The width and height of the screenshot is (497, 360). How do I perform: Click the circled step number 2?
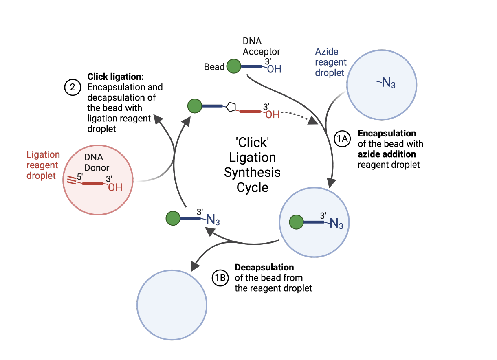pos(73,88)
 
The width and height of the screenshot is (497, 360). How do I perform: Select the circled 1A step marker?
pos(342,139)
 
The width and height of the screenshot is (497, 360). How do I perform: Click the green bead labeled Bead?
pos(233,66)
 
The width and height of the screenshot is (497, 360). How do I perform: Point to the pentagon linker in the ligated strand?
pos(231,107)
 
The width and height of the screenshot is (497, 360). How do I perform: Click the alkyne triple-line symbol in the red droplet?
pos(72,180)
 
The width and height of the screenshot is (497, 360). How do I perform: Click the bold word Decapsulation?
pos(264,268)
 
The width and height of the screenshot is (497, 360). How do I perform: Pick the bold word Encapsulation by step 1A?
pos(387,134)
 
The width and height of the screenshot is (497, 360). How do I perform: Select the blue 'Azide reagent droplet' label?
pos(331,62)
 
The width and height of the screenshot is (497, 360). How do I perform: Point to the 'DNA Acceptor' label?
pos(261,47)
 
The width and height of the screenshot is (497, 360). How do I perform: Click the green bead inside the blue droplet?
pos(296,223)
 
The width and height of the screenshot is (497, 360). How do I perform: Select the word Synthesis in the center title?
pos(253,172)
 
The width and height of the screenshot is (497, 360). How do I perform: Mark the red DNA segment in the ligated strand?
pos(250,111)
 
